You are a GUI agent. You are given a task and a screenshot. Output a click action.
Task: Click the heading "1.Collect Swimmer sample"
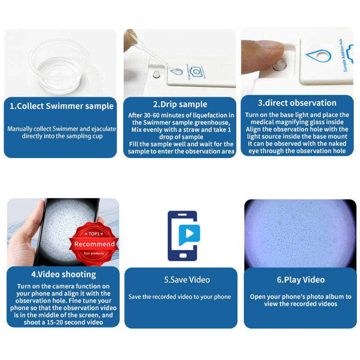point(61,106)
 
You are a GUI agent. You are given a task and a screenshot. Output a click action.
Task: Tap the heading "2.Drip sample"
point(180,104)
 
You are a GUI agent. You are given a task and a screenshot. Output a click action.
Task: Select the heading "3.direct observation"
point(297,103)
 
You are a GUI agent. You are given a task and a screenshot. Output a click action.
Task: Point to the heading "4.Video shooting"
point(63,274)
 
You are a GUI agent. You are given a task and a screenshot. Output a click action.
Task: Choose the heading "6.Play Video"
point(301,280)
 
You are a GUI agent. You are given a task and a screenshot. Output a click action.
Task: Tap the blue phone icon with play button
point(183,235)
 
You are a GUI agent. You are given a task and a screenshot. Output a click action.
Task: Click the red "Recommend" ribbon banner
point(94,244)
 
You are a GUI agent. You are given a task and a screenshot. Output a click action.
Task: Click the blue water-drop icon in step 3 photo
point(318,57)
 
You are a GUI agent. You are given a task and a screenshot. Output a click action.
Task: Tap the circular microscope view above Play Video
point(300,234)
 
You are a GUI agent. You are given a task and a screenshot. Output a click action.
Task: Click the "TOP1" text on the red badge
point(94,234)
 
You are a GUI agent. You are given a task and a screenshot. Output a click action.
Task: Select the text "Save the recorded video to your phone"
point(180,297)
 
